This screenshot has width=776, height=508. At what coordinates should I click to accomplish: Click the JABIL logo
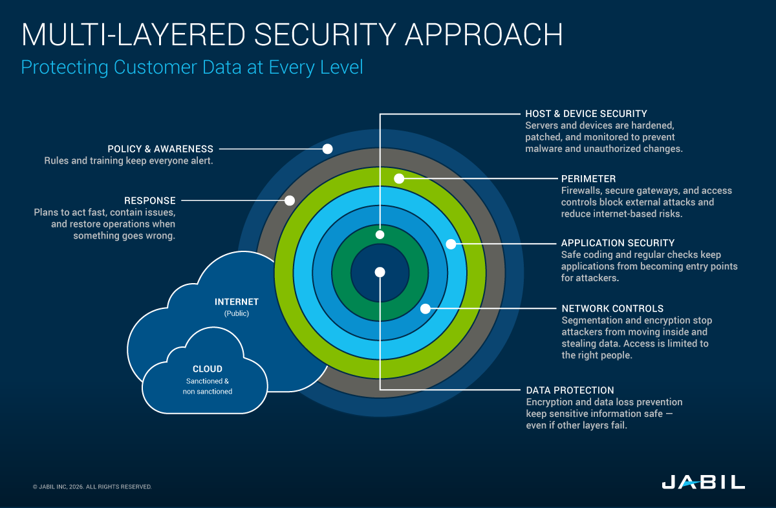pos(703,482)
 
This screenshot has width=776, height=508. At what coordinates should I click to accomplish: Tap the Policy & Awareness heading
pos(160,149)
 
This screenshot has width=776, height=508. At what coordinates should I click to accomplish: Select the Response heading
pos(149,200)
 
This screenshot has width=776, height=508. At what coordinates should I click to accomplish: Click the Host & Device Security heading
pos(586,114)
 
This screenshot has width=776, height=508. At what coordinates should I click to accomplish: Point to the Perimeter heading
pos(588,178)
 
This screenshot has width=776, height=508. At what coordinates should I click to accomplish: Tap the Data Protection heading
pos(570,390)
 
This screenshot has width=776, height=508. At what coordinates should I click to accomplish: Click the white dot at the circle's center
pos(380,272)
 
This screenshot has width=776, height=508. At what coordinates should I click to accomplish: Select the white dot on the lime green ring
pos(399,178)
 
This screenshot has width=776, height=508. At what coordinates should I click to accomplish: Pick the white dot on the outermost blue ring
pos(327,149)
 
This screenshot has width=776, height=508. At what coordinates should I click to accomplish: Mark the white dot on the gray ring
pos(290,200)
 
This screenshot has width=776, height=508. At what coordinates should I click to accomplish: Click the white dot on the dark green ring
pos(380,234)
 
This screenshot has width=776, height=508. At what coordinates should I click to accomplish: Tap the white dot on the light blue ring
pos(451,244)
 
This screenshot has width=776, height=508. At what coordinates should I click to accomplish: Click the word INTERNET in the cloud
pos(237,302)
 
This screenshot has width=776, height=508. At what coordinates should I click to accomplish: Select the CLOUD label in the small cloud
pos(208,369)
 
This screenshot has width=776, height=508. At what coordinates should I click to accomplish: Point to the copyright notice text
pos(92,487)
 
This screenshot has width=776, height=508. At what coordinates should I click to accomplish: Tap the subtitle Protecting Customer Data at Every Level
pos(191,67)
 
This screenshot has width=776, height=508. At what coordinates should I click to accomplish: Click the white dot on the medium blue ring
pos(425,308)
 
